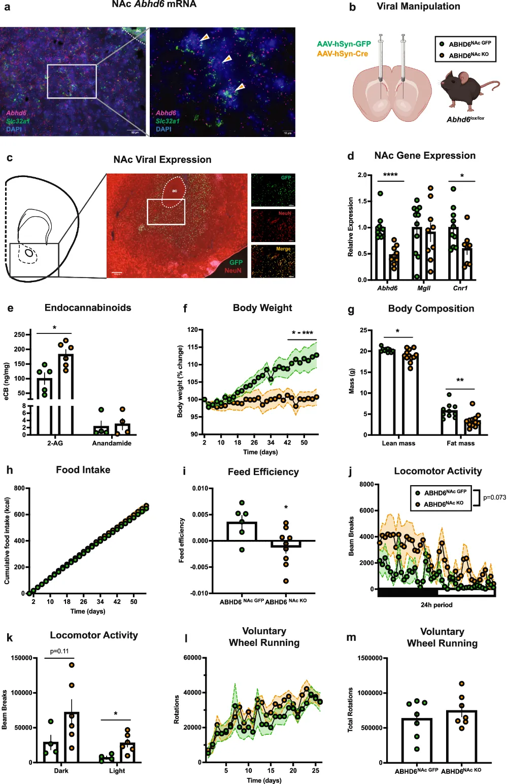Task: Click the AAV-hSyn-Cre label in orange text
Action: click(343, 54)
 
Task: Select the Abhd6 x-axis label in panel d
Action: click(387, 288)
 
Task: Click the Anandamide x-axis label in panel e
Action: click(112, 444)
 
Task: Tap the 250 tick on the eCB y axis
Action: click(19, 335)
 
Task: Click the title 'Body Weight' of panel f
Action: click(262, 308)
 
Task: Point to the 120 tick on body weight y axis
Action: click(192, 330)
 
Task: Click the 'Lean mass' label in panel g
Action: click(398, 444)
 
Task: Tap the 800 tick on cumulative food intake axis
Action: click(19, 488)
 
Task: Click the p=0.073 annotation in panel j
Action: click(494, 497)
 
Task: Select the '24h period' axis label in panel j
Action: click(436, 605)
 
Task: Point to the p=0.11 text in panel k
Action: click(59, 652)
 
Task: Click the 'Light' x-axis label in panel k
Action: click(117, 771)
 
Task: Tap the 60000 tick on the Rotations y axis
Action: click(192, 658)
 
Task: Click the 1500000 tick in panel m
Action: click(370, 658)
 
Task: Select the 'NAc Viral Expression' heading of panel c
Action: click(162, 160)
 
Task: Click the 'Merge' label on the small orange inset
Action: click(283, 249)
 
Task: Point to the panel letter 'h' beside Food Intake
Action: click(10, 470)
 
